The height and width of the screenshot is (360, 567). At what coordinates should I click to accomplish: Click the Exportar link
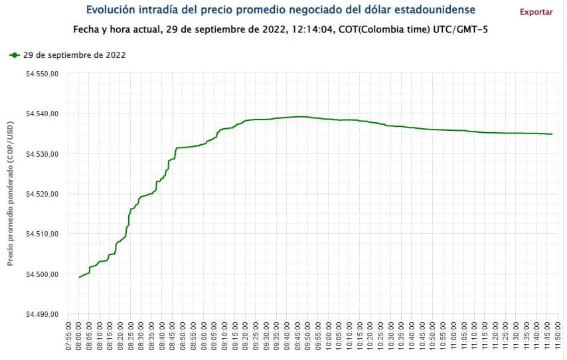[535, 12]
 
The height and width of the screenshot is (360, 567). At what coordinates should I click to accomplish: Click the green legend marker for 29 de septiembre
[15, 55]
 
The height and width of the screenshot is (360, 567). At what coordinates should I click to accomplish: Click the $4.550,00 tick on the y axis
[42, 74]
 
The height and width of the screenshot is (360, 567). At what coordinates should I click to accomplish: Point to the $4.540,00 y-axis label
[42, 114]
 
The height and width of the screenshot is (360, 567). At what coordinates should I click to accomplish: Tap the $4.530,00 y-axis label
[42, 154]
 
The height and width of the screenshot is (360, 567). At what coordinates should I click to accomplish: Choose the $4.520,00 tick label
[42, 194]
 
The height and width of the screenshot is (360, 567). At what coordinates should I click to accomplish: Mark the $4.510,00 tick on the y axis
[42, 234]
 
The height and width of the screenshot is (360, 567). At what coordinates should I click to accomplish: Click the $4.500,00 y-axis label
[42, 274]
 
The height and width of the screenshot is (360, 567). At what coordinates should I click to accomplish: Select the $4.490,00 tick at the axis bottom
[42, 314]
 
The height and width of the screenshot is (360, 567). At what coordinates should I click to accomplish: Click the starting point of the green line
[79, 277]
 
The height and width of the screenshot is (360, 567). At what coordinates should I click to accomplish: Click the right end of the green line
[552, 134]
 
